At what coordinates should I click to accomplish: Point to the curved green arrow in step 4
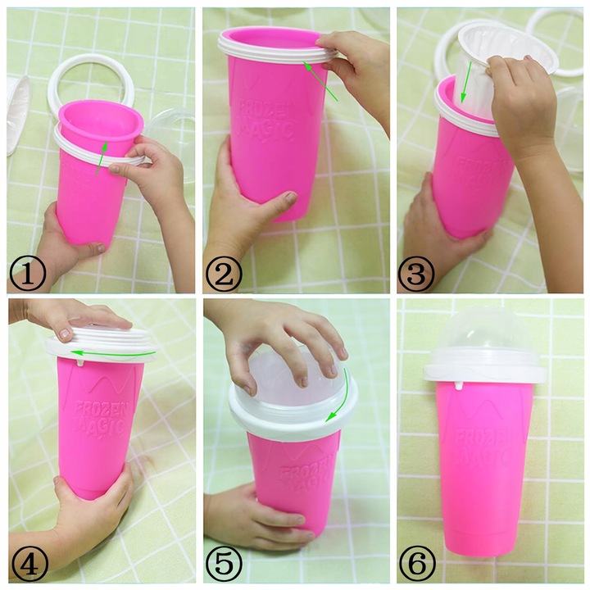tap(115, 352)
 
